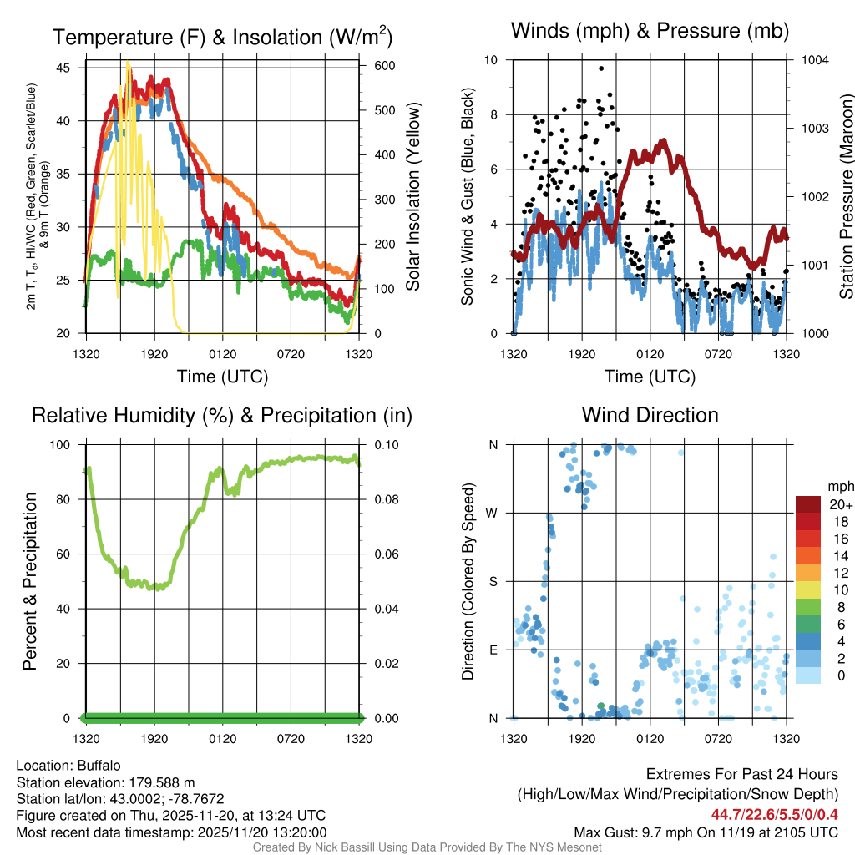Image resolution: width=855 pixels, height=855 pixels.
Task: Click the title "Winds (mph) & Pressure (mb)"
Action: pyautogui.click(x=650, y=32)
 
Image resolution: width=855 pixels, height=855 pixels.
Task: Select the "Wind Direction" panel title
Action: pyautogui.click(x=650, y=415)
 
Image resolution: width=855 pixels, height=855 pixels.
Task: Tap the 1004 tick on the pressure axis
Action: pyautogui.click(x=813, y=60)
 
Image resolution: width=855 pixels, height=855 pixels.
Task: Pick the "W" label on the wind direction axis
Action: pyautogui.click(x=493, y=513)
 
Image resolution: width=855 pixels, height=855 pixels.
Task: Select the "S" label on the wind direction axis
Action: pyautogui.click(x=493, y=581)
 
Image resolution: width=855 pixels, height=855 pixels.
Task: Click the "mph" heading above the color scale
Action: pyautogui.click(x=838, y=486)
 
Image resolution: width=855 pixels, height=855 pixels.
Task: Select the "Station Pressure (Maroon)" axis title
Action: pyautogui.click(x=846, y=197)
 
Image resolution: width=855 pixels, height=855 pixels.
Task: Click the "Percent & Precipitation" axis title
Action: pyautogui.click(x=29, y=581)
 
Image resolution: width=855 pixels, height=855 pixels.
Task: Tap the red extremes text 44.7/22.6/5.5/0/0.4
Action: pyautogui.click(x=775, y=814)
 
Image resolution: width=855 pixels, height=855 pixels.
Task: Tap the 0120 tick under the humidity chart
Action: pyautogui.click(x=223, y=738)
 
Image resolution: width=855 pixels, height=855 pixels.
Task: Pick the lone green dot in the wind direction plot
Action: pyautogui.click(x=601, y=706)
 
